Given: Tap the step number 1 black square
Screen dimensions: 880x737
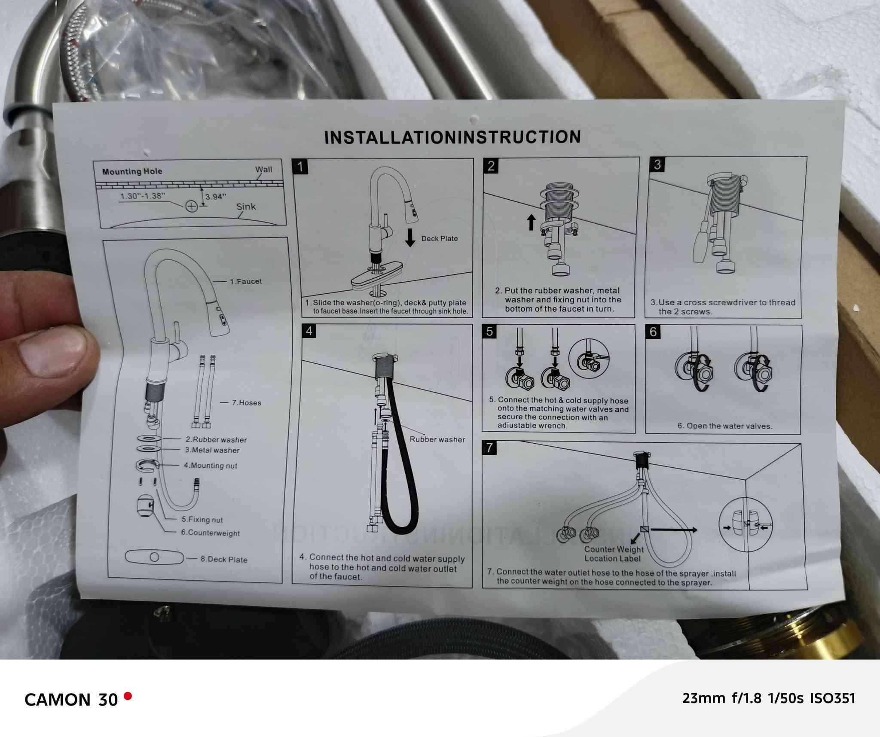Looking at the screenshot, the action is pyautogui.click(x=300, y=166).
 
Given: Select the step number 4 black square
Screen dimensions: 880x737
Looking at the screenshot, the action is pyautogui.click(x=309, y=331).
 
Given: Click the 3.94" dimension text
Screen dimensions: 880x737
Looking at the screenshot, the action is pyautogui.click(x=216, y=197).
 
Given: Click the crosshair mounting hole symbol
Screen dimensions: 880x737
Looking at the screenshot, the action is pyautogui.click(x=191, y=207).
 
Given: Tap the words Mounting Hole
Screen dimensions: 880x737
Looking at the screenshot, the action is pyautogui.click(x=132, y=171).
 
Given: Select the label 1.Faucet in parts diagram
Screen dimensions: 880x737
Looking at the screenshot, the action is pyautogui.click(x=246, y=282).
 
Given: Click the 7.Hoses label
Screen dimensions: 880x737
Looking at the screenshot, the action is pyautogui.click(x=247, y=403).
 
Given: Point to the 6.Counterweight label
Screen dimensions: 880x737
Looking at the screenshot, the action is pyautogui.click(x=211, y=533).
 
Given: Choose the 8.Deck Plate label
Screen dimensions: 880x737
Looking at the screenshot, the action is pyautogui.click(x=224, y=560).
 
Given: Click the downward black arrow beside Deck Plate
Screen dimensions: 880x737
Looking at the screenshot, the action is pyautogui.click(x=410, y=238).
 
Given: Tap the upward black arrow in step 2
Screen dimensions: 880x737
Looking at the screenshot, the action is pyautogui.click(x=531, y=222).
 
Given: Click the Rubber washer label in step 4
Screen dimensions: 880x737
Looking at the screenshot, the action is pyautogui.click(x=437, y=439).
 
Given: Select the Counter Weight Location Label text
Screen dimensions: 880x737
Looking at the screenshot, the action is pyautogui.click(x=614, y=554).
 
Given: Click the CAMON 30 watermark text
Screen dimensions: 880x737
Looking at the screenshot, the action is pyautogui.click(x=71, y=700).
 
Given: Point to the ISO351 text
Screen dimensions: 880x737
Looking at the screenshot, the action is pyautogui.click(x=833, y=699).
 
